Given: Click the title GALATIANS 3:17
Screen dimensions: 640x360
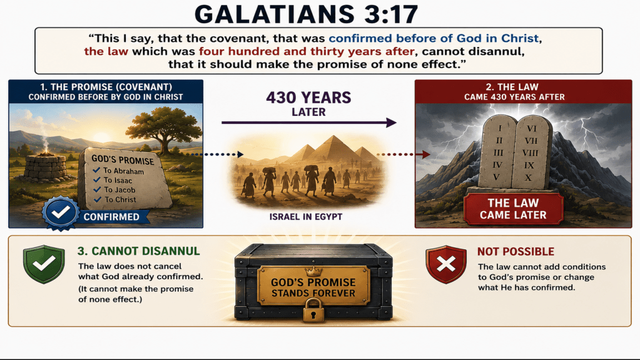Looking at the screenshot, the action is click(x=307, y=14).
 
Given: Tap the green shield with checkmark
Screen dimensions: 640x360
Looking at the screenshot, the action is click(x=44, y=264).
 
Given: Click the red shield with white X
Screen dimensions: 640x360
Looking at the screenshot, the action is click(x=445, y=264).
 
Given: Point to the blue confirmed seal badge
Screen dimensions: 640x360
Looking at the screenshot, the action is click(x=61, y=212).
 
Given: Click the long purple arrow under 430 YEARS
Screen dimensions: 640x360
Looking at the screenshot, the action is click(x=308, y=123).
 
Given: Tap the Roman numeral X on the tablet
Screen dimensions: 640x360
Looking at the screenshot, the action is click(x=528, y=178).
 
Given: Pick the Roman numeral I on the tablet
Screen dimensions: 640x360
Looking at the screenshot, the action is click(x=500, y=128).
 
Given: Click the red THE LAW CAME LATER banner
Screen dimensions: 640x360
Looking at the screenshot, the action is click(x=513, y=209).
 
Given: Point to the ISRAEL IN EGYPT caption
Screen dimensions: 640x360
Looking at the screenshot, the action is click(x=306, y=217).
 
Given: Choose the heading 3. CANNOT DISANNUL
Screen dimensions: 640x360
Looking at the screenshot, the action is click(x=138, y=251).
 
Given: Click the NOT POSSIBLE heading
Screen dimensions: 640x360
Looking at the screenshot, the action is click(x=516, y=252).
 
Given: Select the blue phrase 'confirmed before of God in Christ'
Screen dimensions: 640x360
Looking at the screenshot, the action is click(x=434, y=38).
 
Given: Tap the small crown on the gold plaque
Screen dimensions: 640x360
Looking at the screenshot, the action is click(x=313, y=271).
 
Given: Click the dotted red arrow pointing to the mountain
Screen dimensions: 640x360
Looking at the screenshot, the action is click(x=403, y=155).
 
